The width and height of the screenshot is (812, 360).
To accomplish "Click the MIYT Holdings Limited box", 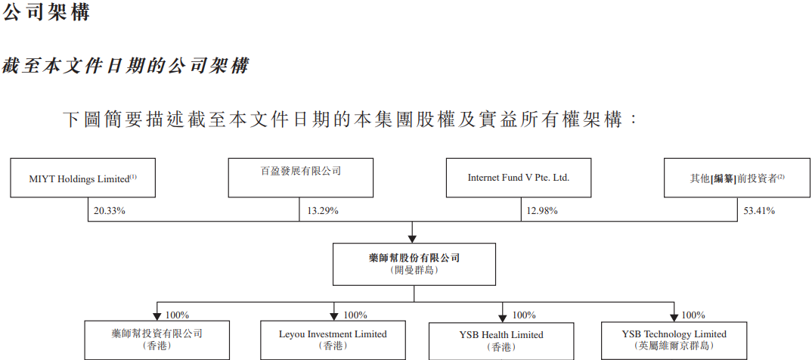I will [x=82, y=178].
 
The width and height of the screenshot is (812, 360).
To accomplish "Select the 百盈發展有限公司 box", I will [x=300, y=178].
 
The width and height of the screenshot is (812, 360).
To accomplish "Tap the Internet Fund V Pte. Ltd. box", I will [x=518, y=178].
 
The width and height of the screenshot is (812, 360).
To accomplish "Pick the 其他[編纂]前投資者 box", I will [x=737, y=178].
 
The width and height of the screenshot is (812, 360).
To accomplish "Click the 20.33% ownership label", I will [x=109, y=211].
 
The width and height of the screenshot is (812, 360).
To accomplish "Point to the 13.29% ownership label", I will [x=323, y=211].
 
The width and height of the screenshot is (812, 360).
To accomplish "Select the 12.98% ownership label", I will [x=541, y=211].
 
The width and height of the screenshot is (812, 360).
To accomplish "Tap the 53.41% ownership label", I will [x=759, y=211].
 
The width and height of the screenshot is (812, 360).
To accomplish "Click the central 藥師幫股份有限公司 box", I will [x=414, y=264].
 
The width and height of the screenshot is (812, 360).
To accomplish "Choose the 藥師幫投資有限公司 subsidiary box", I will [x=156, y=340].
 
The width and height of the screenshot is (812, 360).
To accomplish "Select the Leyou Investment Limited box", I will [x=333, y=340].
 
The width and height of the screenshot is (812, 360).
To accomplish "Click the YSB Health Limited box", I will [x=502, y=340].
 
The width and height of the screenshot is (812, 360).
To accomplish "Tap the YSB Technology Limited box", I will [x=674, y=340].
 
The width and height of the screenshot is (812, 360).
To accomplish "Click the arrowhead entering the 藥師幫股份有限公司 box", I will [x=412, y=237].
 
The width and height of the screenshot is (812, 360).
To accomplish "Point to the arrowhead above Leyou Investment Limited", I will [x=334, y=315].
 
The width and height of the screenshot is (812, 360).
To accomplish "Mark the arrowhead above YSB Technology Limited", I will [x=673, y=315].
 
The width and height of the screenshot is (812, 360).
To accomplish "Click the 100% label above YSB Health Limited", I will [x=524, y=315].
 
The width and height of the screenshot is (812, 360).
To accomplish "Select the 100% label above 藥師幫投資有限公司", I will [x=177, y=315].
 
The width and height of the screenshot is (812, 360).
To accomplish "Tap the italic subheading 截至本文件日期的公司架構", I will [x=126, y=66].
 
